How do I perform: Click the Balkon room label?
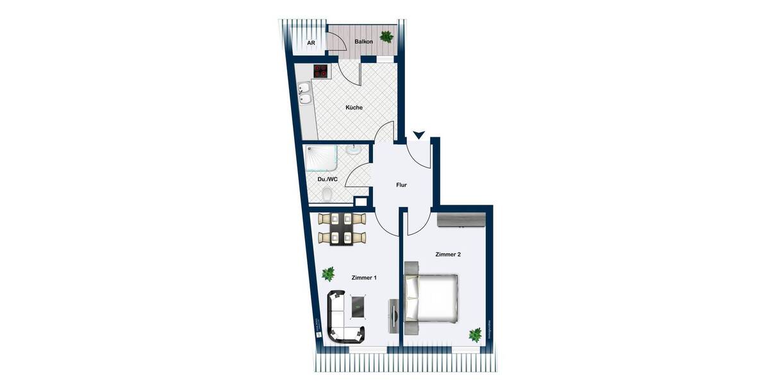pyautogui.click(x=363, y=42)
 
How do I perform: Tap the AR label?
pyautogui.click(x=311, y=43)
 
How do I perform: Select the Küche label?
pyautogui.click(x=354, y=108)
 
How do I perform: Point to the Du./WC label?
pyautogui.click(x=327, y=180)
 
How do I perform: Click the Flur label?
pyautogui.click(x=401, y=185)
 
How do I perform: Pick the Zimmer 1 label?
pyautogui.click(x=364, y=278)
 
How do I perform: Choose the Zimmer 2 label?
pyautogui.click(x=448, y=255)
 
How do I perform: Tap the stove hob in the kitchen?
pyautogui.click(x=321, y=71)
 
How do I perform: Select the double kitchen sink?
pyautogui.click(x=305, y=94)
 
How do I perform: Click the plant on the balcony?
pyautogui.click(x=386, y=37)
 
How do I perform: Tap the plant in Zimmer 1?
pyautogui.click(x=328, y=274)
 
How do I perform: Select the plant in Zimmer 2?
pyautogui.click(x=475, y=334)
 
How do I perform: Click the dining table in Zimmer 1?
pyautogui.click(x=338, y=228)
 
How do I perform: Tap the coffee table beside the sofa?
pyautogui.click(x=358, y=305)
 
